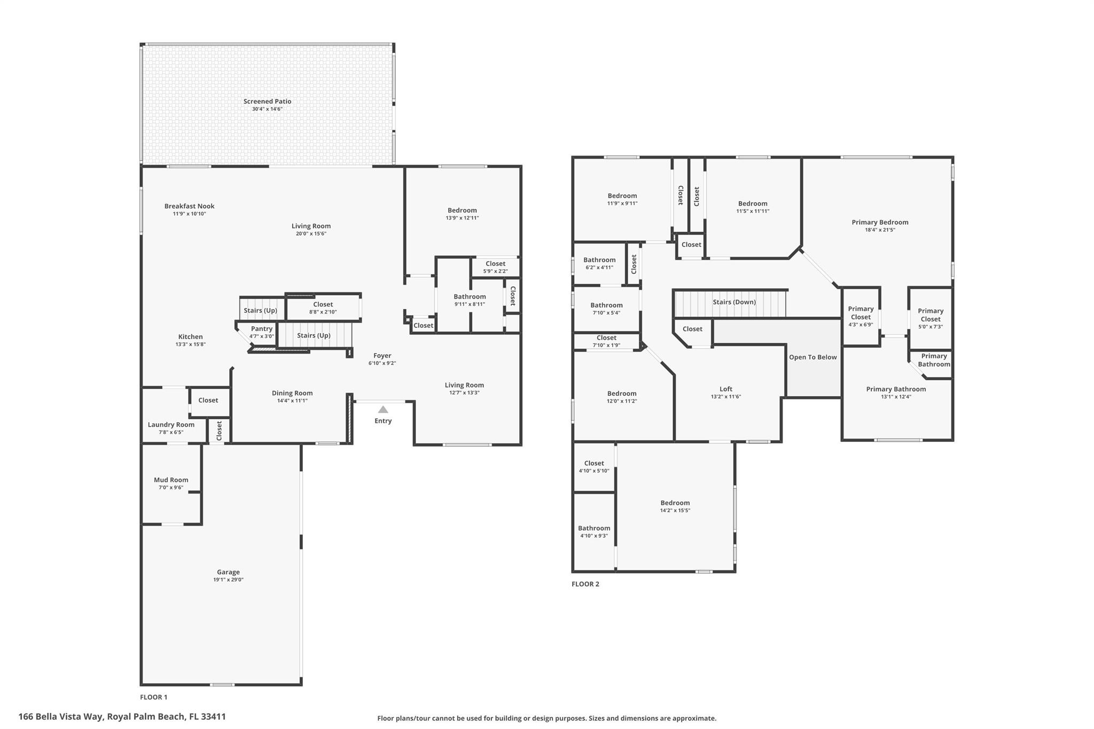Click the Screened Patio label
(x=267, y=101)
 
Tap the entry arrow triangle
(x=383, y=410)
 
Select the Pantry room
(x=262, y=332)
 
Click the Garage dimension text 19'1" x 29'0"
(x=228, y=579)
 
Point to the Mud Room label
(x=171, y=480)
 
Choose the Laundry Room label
(x=171, y=425)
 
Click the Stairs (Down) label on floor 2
(x=734, y=302)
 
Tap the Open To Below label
(x=812, y=357)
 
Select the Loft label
(x=725, y=389)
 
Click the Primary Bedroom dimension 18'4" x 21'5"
(x=880, y=230)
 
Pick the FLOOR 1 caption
(x=154, y=697)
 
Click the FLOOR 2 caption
(x=585, y=584)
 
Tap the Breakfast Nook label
(x=189, y=206)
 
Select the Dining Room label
(x=292, y=393)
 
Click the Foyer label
(x=382, y=356)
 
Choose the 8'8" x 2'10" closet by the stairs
(x=323, y=308)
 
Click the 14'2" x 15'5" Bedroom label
(x=675, y=503)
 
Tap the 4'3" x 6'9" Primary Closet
(x=861, y=316)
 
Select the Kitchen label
(x=190, y=336)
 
